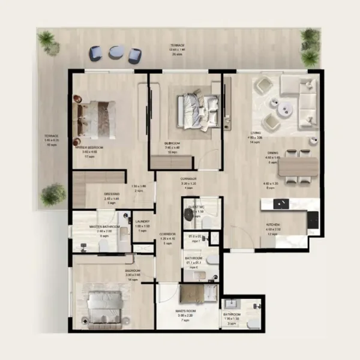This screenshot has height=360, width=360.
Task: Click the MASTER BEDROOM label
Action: [x=90, y=146]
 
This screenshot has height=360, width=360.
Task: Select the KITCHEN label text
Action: [x=273, y=224]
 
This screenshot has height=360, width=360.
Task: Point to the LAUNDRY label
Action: [x=142, y=221]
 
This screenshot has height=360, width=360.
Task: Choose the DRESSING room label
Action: [x=112, y=194]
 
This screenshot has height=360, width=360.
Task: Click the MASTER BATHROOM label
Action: [x=105, y=226]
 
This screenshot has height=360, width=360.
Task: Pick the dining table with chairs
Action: [x=297, y=166]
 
